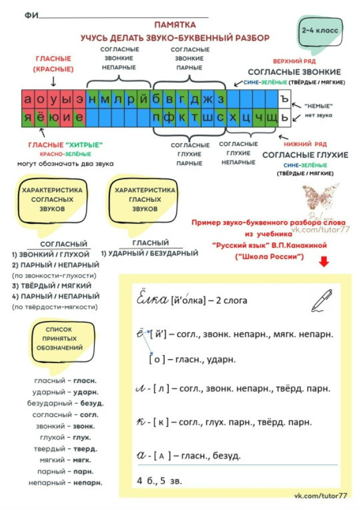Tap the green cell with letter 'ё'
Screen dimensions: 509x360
coord(40,118)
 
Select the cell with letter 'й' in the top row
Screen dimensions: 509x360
coord(145,99)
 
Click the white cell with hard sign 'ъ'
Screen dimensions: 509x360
coord(285,99)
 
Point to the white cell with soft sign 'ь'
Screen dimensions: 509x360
coord(285,118)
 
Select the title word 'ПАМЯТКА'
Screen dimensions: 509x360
coord(175,25)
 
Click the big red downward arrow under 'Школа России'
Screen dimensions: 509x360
coord(324,262)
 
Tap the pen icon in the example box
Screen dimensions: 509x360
coord(322,300)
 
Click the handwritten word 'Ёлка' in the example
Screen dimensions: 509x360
coord(152,299)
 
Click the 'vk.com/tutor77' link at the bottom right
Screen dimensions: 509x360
coord(321,496)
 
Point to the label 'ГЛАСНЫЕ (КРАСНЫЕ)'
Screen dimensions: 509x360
coord(54,64)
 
